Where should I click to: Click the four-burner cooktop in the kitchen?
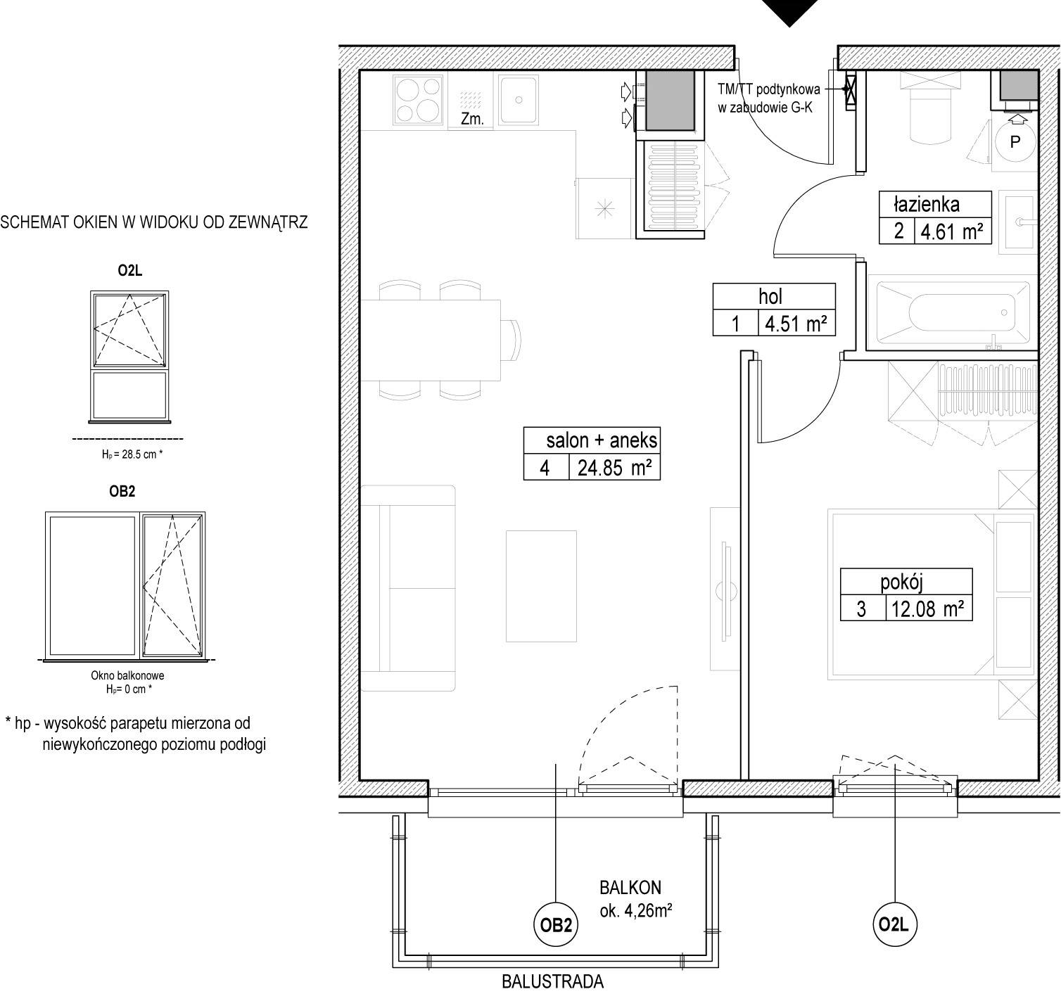click(419, 100)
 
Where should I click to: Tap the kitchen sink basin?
click(518, 99)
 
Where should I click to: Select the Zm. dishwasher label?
click(472, 119)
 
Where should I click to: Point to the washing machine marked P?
click(1015, 141)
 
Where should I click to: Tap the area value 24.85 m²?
click(614, 468)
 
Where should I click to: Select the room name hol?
click(770, 297)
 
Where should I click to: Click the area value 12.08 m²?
click(928, 609)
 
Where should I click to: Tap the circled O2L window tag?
click(894, 924)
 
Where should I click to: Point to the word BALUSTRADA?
click(553, 982)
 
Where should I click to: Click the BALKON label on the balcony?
click(630, 888)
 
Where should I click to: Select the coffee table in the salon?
click(541, 586)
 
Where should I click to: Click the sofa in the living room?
click(408, 588)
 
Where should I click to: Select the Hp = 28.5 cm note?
click(132, 454)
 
